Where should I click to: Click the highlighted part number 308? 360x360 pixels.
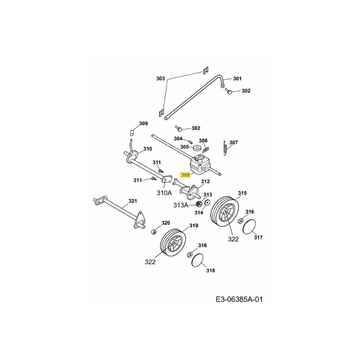point(185,175)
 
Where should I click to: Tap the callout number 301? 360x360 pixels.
point(237,78)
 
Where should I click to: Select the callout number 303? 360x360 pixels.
point(161,78)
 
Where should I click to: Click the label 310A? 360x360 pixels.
point(164,193)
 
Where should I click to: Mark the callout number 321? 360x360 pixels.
point(133,201)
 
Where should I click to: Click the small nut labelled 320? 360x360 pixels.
point(153,232)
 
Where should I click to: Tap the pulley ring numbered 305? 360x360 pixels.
point(196,148)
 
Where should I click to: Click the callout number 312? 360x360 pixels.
point(205,182)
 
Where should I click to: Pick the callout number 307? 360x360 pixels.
point(233,143)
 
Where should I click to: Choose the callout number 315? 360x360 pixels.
point(242,193)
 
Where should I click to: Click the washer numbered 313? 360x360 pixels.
point(207,203)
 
